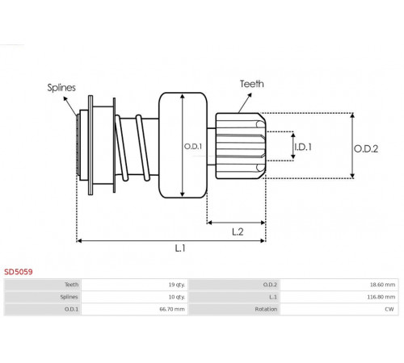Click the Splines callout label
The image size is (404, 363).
(x=61, y=88)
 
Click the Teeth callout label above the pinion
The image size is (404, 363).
(x=252, y=84)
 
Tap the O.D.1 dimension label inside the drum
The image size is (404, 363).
(x=193, y=147)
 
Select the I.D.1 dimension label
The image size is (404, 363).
(x=303, y=147)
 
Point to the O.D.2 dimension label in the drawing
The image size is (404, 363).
(x=366, y=148)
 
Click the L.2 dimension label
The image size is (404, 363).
(x=238, y=232)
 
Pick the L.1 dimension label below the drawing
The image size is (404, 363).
(x=180, y=248)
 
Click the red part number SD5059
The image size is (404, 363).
(x=19, y=272)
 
